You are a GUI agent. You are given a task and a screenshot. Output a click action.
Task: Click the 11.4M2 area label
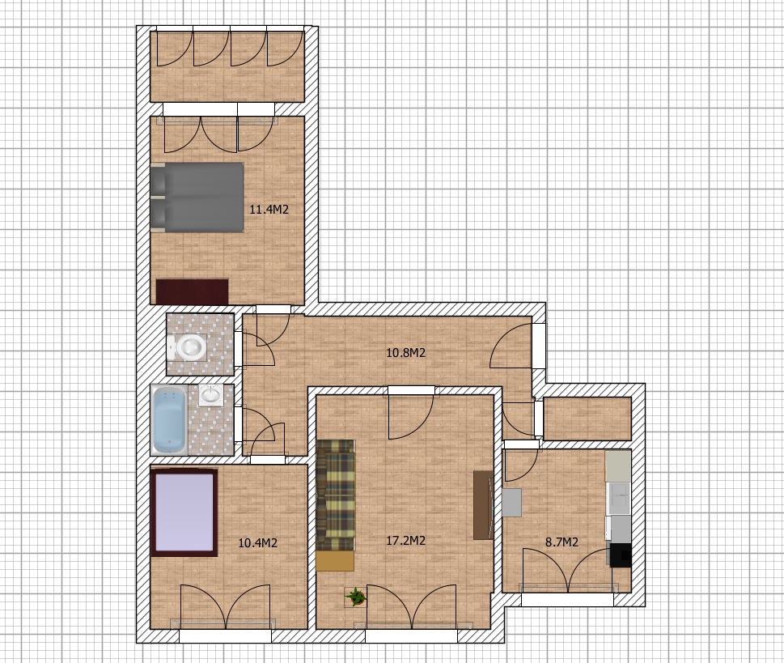[269, 209]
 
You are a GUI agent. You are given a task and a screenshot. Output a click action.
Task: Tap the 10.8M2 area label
[405, 353]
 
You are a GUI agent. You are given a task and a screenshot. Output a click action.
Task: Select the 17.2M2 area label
[405, 541]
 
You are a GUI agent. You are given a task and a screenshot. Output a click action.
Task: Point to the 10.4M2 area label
[257, 543]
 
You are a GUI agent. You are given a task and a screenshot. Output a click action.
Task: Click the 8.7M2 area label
[562, 542]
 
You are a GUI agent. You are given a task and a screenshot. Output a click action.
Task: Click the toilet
[188, 346]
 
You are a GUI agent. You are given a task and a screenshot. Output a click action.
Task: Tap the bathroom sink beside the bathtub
[211, 395]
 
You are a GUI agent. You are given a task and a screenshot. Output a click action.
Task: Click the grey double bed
[197, 198]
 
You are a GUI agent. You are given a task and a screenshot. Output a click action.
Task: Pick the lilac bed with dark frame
[184, 512]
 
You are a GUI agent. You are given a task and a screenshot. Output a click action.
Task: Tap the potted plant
[355, 597]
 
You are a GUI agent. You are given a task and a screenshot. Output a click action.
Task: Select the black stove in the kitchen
[621, 555]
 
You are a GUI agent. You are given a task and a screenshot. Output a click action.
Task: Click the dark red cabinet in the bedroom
[192, 291]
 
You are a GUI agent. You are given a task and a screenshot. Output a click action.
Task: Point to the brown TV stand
[484, 505]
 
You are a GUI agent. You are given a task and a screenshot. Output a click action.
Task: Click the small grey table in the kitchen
[511, 503]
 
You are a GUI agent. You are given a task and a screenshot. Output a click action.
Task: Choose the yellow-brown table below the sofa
[335, 561]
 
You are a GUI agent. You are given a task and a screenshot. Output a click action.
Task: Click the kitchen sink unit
[618, 499]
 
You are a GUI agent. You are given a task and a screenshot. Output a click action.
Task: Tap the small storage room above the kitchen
[587, 419]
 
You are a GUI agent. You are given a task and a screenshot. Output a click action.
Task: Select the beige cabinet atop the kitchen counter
[618, 466]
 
